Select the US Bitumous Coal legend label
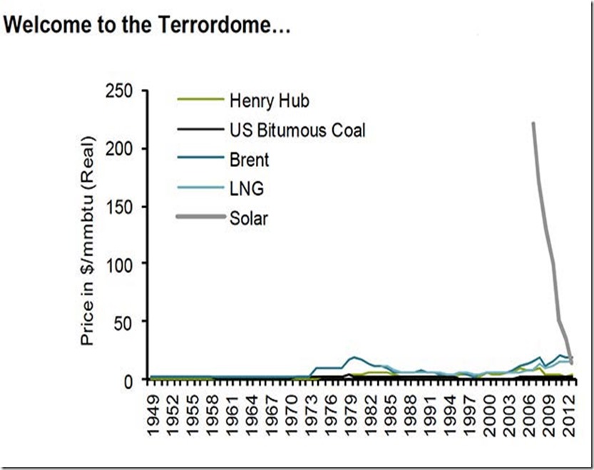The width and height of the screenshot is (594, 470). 297,130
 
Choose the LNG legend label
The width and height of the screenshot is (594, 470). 244,188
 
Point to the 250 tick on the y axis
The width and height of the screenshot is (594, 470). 121,91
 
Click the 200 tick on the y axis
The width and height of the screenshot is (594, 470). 121,148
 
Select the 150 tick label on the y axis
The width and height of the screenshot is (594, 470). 121,206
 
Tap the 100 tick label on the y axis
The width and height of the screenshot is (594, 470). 121,264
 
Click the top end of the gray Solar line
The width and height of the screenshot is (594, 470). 533,123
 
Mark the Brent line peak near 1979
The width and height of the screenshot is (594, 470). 354,357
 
